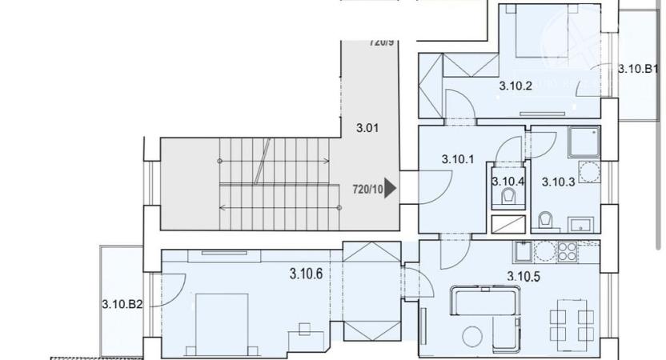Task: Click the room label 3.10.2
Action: [516, 86]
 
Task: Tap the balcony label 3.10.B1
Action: [638, 69]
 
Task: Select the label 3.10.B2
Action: [122, 303]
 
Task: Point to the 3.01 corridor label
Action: [367, 127]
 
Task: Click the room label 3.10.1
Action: [458, 159]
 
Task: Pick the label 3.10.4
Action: [508, 181]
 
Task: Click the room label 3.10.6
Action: [306, 274]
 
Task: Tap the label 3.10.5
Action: [524, 277]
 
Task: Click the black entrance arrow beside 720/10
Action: [391, 189]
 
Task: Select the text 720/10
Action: [367, 190]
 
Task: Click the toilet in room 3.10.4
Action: [508, 198]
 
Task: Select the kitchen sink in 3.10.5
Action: [523, 253]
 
